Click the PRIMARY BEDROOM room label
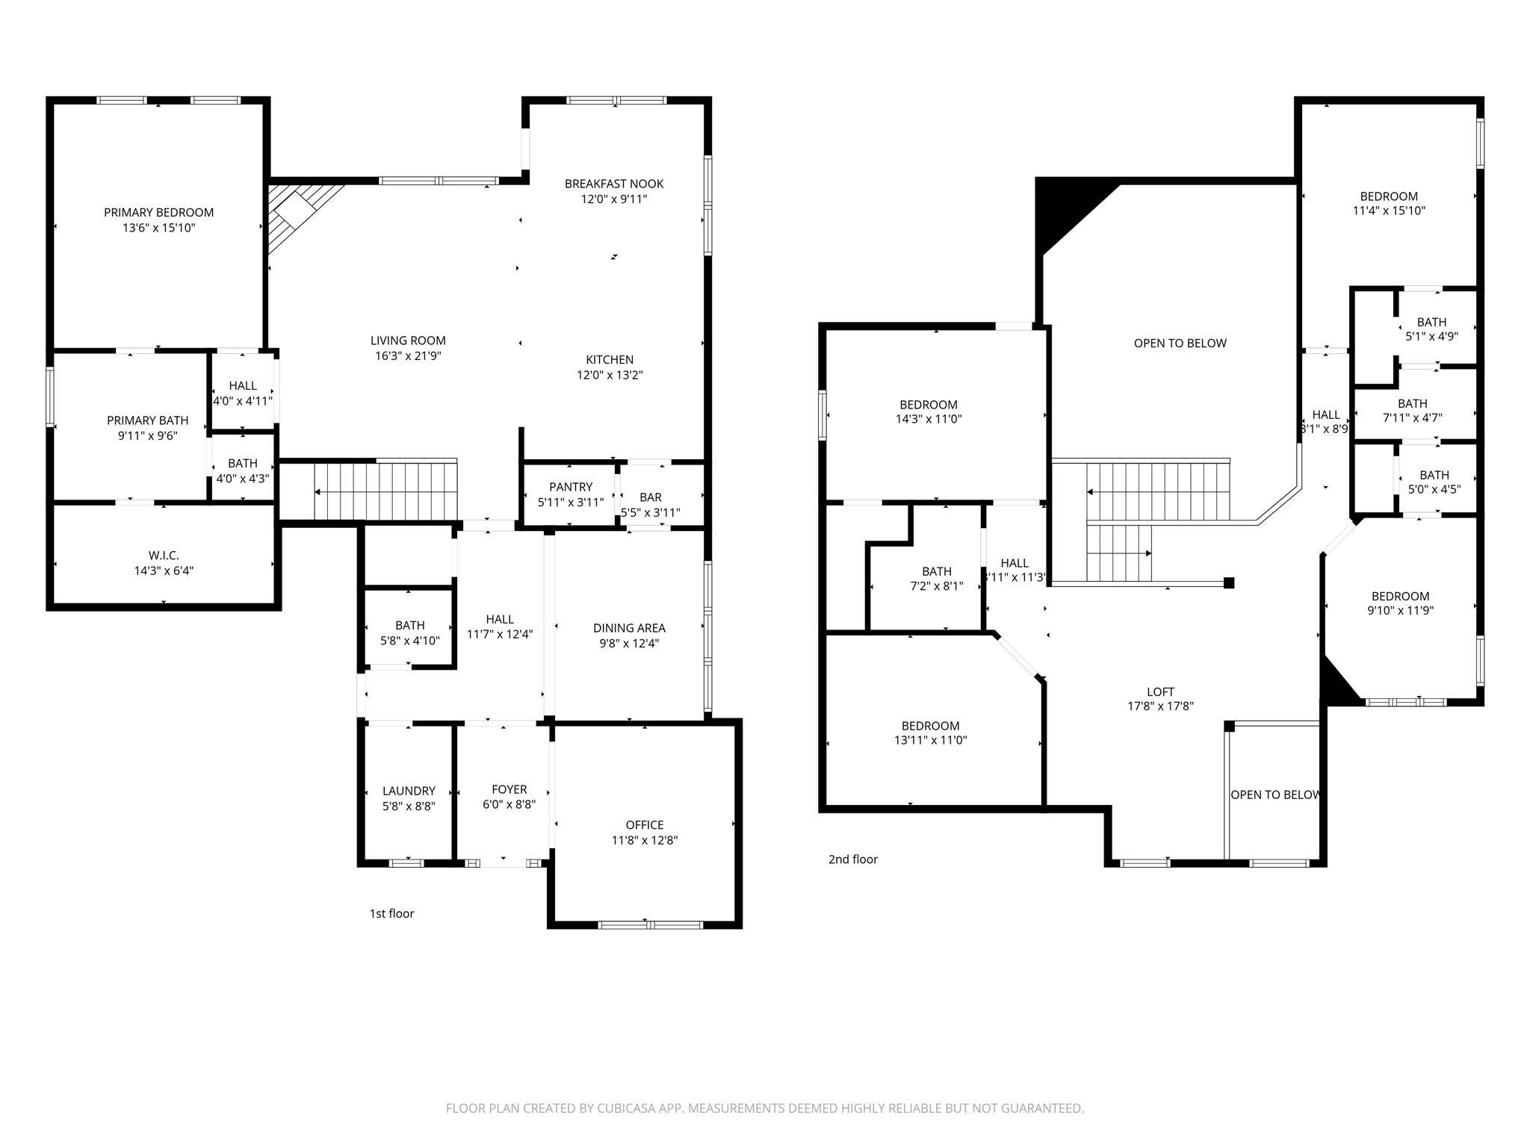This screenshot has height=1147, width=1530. tap(158, 213)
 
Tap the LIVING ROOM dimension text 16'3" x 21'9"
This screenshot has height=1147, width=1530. tap(408, 356)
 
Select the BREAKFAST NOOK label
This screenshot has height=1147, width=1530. tap(614, 184)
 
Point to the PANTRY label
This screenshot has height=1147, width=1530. tap(571, 487)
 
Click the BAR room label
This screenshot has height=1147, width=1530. tap(651, 497)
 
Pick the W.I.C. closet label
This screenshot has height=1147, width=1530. tap(164, 556)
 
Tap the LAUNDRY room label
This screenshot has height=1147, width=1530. tap(409, 791)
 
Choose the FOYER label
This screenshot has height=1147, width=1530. tap(510, 789)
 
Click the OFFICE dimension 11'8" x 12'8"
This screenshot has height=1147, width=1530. tap(645, 840)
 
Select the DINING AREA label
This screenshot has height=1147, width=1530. tap(629, 628)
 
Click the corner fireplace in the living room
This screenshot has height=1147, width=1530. tap(298, 217)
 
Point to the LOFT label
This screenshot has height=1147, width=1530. tap(1161, 692)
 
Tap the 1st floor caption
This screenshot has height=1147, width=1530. tap(391, 913)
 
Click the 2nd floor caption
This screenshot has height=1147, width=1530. tap(853, 860)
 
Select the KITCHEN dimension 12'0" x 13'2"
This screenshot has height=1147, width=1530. tap(610, 375)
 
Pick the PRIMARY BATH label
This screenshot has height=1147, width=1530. tap(148, 420)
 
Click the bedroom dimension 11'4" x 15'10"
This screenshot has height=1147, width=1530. tap(1389, 211)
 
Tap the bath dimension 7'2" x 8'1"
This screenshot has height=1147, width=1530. tap(937, 586)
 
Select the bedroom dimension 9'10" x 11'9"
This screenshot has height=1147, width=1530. tap(1401, 610)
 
